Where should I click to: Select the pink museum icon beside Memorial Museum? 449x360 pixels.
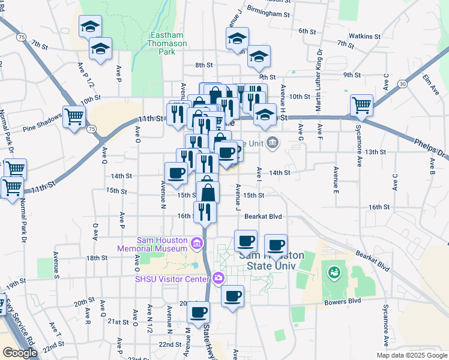(197, 244)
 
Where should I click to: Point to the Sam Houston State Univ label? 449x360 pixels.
(271, 260)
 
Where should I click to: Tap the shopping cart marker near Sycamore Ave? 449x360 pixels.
(362, 105)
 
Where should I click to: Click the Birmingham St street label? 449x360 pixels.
(268, 13)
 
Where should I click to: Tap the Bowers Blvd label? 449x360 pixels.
(347, 300)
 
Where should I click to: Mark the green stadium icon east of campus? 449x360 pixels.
(333, 272)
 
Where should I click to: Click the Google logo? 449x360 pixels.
(20, 353)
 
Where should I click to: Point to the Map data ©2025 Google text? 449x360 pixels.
(411, 355)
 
